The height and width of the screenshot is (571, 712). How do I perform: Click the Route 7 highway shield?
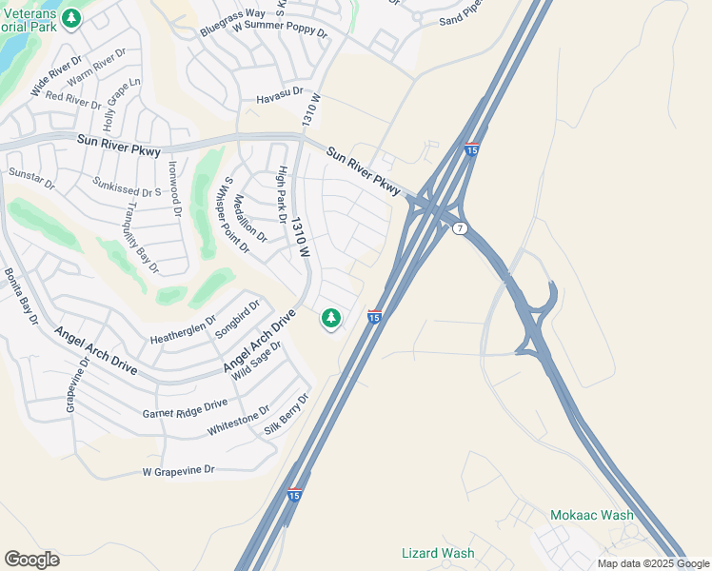coord(460,228)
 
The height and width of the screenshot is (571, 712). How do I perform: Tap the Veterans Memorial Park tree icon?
coord(70,18)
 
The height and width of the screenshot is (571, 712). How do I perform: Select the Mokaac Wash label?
coord(591,515)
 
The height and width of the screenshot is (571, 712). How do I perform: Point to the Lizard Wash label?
coord(438,553)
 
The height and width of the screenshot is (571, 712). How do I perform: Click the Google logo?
coord(31,560)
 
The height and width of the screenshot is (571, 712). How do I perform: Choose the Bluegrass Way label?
coord(232,23)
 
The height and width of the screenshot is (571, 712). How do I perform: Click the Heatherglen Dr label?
coord(184,329)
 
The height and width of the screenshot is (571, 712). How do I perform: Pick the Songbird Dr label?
coord(238,316)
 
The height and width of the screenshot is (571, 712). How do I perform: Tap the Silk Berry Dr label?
coord(287,414)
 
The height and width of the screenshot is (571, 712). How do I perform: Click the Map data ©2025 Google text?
coord(653,563)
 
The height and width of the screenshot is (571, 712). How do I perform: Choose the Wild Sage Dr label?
coord(256,361)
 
